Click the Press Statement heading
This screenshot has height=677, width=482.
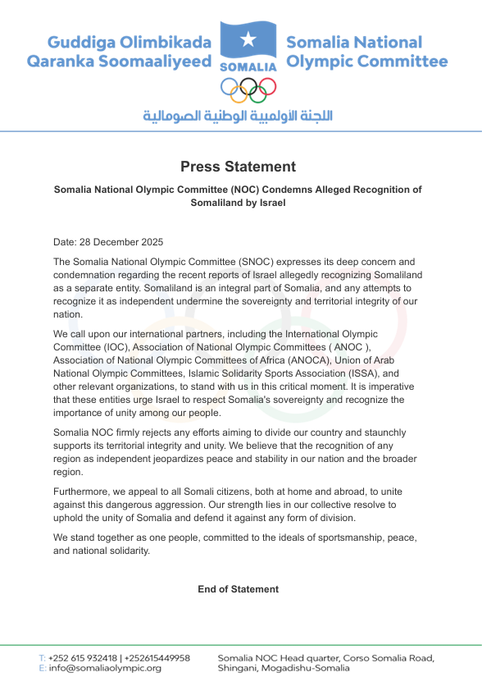pos(238,167)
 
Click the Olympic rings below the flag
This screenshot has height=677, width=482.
pos(248,87)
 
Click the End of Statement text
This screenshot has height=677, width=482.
pos(238,589)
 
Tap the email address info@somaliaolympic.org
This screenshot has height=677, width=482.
pos(105,668)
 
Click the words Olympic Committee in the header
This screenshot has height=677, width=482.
pos(366,62)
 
